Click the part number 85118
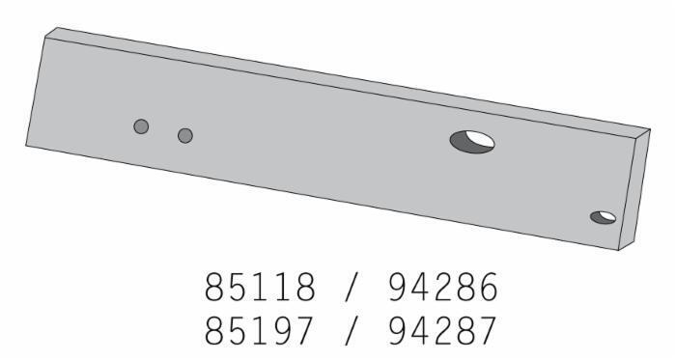tap(260, 287)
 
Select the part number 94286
tap(443, 287)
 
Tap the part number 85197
tap(258, 331)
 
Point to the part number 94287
tap(442, 331)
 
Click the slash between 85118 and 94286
tap(352, 288)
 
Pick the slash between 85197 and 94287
tap(352, 332)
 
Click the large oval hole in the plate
tap(472, 142)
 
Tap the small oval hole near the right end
tap(604, 217)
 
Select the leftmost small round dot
tap(141, 126)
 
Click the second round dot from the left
tap(185, 136)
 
